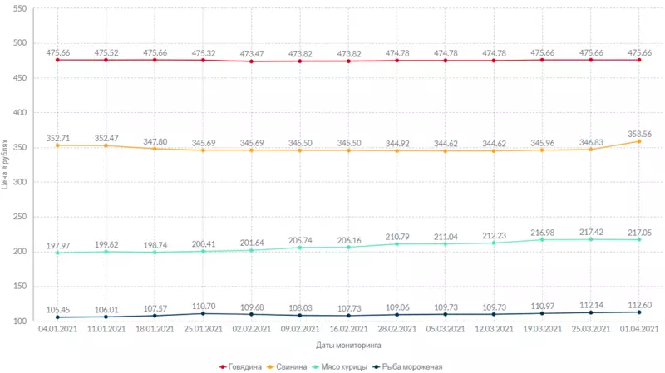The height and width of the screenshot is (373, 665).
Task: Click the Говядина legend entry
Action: click(245, 366)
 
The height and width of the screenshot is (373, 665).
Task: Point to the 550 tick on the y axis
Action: click(19, 8)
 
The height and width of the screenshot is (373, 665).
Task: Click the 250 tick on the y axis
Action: click(19, 217)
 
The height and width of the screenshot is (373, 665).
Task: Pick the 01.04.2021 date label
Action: click(639, 329)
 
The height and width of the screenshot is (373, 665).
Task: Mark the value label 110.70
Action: click(203, 306)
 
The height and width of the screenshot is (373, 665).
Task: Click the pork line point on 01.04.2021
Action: click(639, 141)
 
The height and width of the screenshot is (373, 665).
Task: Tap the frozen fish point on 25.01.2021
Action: click(203, 313)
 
